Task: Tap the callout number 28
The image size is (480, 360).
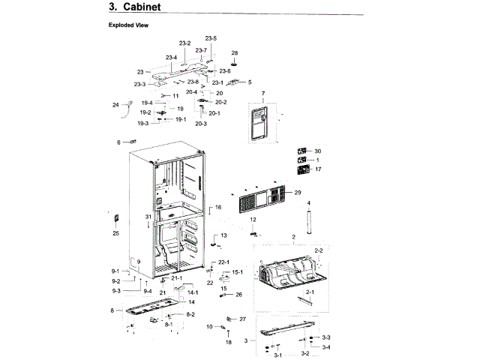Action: pyautogui.click(x=234, y=53)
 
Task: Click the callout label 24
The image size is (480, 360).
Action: pyautogui.click(x=115, y=105)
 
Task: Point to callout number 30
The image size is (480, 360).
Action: pyautogui.click(x=317, y=151)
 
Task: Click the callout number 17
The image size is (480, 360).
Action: pyautogui.click(x=317, y=169)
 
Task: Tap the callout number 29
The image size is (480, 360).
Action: pyautogui.click(x=298, y=193)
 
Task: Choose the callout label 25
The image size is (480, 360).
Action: pyautogui.click(x=115, y=233)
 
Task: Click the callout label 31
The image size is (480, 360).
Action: pyautogui.click(x=148, y=217)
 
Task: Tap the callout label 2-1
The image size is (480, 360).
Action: pyautogui.click(x=310, y=291)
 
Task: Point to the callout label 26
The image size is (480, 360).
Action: pyautogui.click(x=239, y=295)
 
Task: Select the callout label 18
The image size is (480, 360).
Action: pyautogui.click(x=229, y=342)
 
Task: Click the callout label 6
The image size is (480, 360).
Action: pyautogui.click(x=118, y=142)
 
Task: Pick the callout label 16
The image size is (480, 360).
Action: pyautogui.click(x=218, y=207)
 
